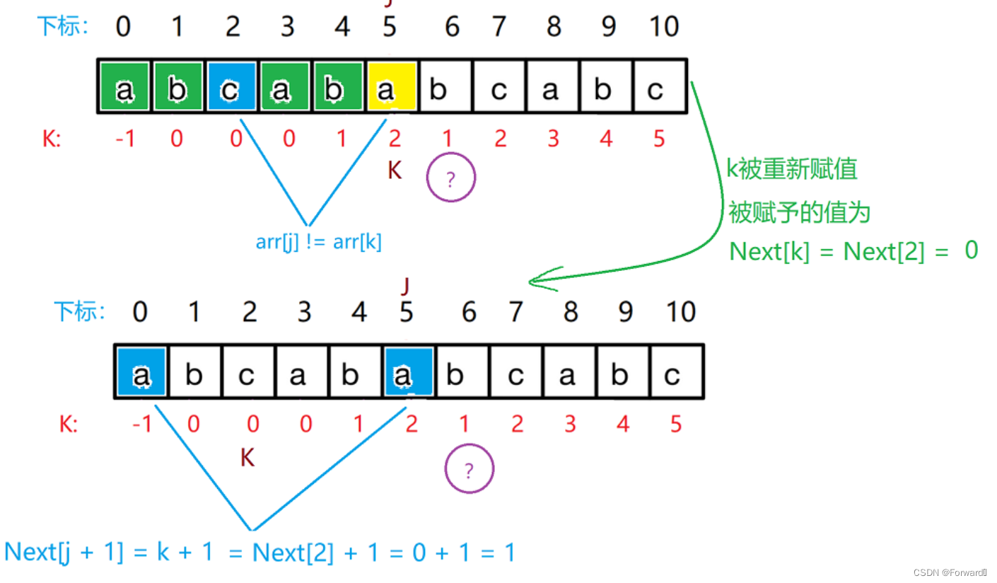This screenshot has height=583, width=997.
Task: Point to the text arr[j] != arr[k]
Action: tap(318, 242)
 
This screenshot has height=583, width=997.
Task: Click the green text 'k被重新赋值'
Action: tap(792, 169)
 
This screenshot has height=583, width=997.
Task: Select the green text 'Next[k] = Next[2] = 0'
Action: tap(853, 251)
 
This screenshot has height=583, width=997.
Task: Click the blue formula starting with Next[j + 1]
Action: tap(260, 552)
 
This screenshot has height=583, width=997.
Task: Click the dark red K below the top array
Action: tap(395, 171)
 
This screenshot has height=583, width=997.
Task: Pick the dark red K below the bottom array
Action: tap(247, 458)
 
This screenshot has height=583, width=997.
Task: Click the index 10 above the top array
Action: tap(664, 26)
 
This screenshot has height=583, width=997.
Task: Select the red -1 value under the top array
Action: tap(124, 138)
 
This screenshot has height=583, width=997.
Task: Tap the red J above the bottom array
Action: tap(406, 286)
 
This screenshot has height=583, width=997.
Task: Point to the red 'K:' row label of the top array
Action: tap(52, 139)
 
